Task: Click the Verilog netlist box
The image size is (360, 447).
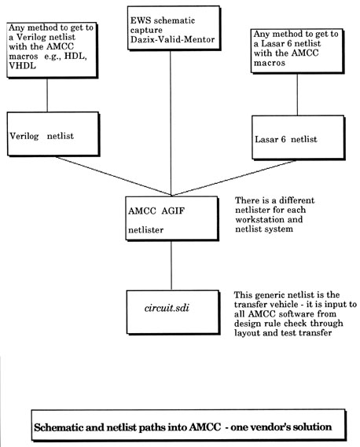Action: click(x=53, y=134)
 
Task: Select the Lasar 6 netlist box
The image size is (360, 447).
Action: click(x=299, y=137)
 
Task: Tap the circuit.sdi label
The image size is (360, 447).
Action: click(x=167, y=308)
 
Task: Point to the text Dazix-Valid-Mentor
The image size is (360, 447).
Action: click(x=173, y=39)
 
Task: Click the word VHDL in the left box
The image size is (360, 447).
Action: click(x=22, y=66)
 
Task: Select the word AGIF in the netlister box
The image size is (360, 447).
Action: click(x=173, y=211)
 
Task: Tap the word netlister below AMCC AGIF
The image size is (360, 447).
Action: click(x=145, y=229)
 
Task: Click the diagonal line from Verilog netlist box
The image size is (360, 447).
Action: click(x=113, y=176)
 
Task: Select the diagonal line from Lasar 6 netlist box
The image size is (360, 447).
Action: click(x=233, y=178)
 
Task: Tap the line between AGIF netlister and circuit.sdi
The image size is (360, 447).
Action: click(x=171, y=266)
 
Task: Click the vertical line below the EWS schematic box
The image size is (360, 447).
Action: click(x=171, y=123)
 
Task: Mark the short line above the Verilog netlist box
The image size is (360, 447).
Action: click(x=47, y=95)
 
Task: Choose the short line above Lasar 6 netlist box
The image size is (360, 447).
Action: click(x=297, y=94)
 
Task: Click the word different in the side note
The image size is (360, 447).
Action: click(x=296, y=200)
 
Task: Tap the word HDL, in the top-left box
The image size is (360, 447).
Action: click(x=75, y=56)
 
